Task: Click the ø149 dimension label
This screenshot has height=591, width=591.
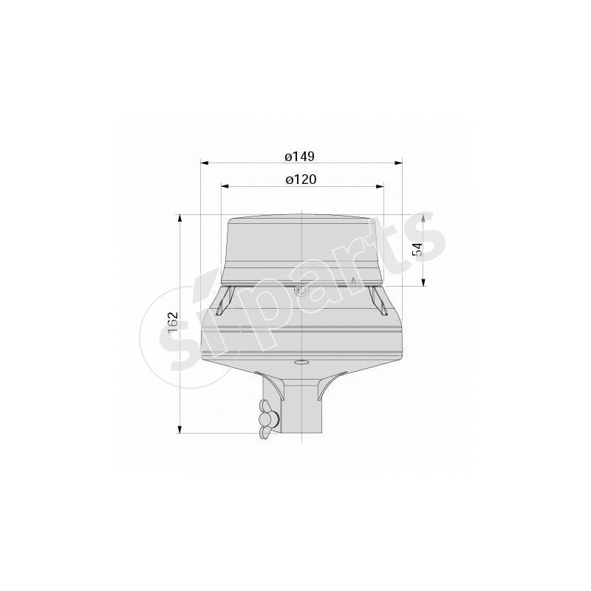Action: (300, 156)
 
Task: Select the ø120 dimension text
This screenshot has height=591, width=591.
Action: (301, 180)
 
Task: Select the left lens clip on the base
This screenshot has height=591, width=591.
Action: (225, 301)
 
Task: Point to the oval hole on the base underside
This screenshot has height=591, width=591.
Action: (301, 363)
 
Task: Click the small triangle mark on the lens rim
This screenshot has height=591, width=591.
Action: (354, 281)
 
